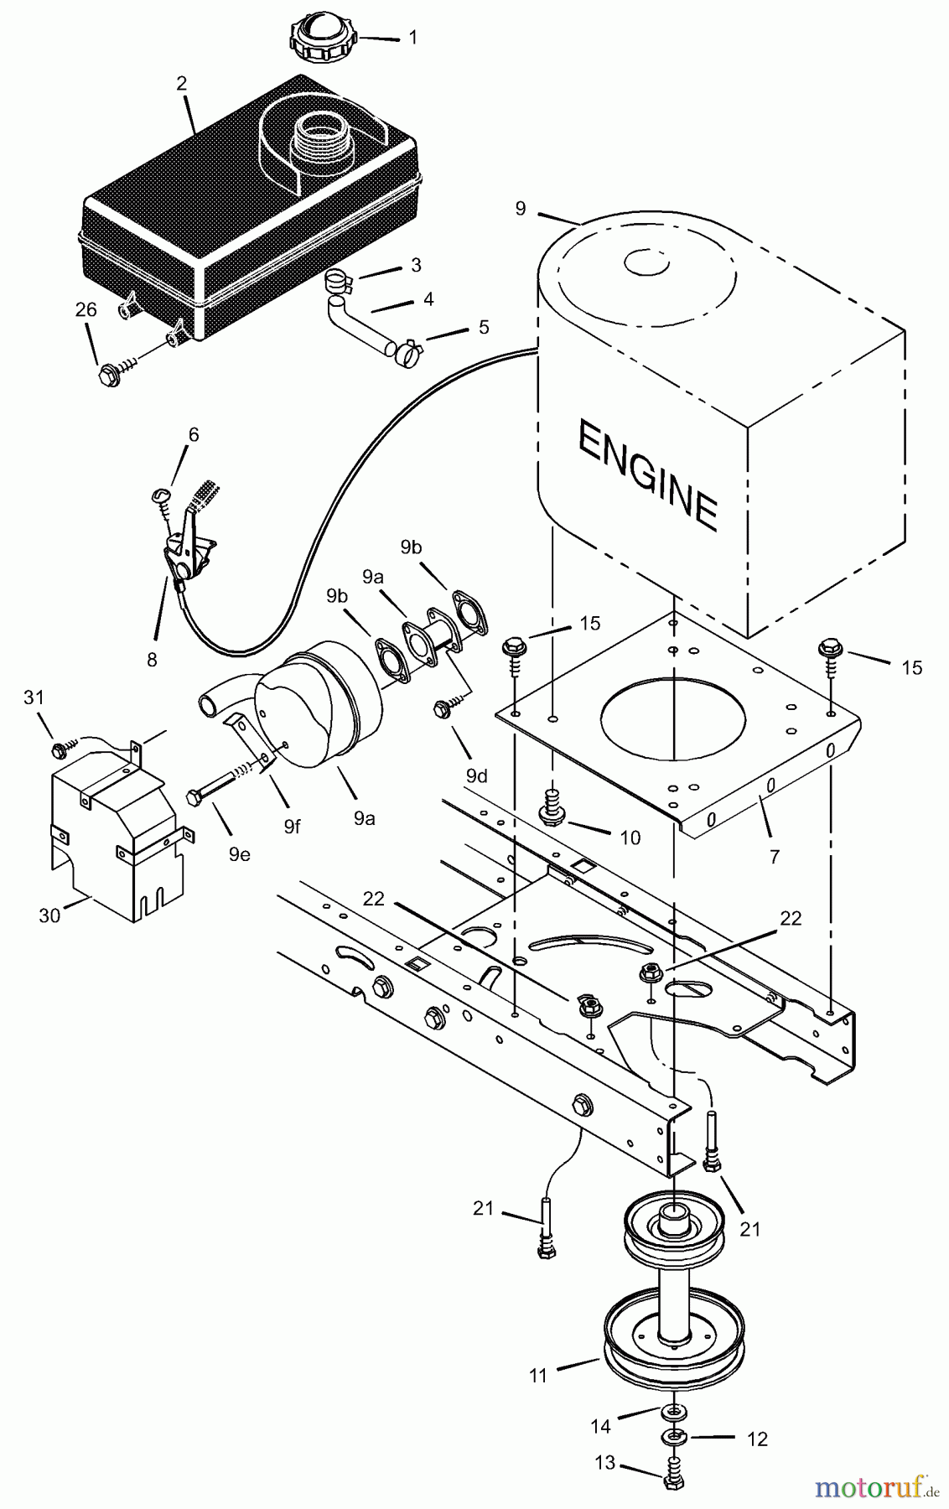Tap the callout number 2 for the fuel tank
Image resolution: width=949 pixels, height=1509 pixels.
[x=181, y=84]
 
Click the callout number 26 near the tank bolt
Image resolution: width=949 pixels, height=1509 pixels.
[x=86, y=310]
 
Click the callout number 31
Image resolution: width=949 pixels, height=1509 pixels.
[x=34, y=697]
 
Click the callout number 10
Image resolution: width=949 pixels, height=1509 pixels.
[x=630, y=837]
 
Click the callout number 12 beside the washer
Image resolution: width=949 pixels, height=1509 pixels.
[x=757, y=1439]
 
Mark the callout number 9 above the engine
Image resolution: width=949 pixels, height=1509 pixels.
[x=521, y=208]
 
